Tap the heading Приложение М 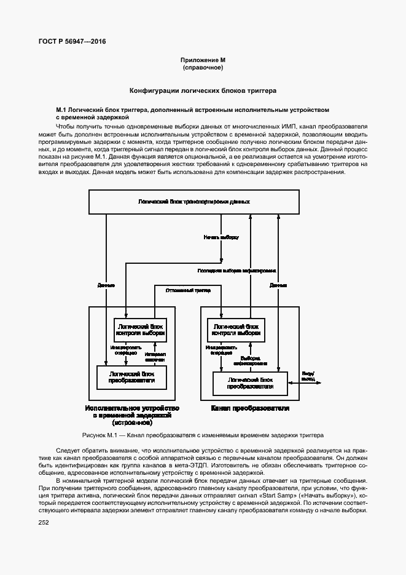pos(203,60)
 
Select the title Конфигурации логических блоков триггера pos(203,90)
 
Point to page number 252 pos(44,522)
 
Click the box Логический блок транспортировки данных pos(194,202)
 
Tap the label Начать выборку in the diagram pos(221,237)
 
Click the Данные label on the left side pos(106,285)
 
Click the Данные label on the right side pos(278,285)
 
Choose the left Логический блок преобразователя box pos(131,377)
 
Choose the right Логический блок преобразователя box pos(250,384)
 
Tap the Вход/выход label pos(308,376)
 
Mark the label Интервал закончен pos(155,357)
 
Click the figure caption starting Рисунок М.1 pos(203,434)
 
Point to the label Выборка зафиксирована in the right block pos(251,361)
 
